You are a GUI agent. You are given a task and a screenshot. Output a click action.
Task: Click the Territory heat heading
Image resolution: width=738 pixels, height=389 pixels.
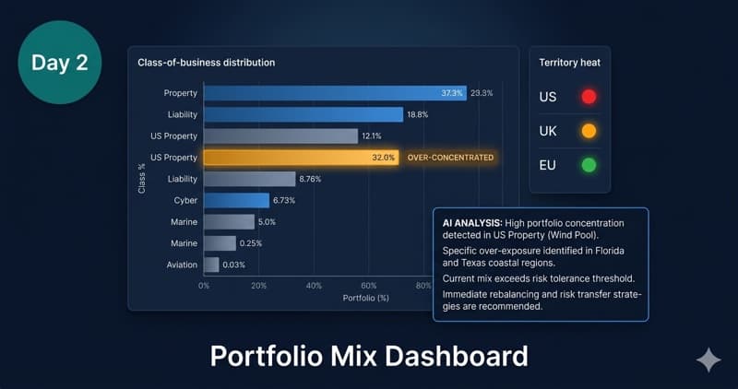[x=570, y=63]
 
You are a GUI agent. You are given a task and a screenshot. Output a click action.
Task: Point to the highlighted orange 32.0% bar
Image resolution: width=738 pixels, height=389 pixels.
[x=301, y=158]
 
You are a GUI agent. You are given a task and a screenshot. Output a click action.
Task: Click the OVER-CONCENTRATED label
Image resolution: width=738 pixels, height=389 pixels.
[x=449, y=158]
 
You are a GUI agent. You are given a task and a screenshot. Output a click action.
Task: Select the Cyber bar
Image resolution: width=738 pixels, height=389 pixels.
[x=236, y=200]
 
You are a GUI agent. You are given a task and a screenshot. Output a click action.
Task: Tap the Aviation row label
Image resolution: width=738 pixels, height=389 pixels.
[x=182, y=265]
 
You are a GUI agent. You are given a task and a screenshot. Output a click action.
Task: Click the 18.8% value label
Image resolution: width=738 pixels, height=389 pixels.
[x=420, y=114]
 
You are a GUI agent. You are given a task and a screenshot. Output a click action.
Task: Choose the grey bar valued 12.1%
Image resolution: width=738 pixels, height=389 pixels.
[x=280, y=136]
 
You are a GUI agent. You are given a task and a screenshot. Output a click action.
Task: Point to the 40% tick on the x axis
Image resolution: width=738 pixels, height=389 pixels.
[x=314, y=286]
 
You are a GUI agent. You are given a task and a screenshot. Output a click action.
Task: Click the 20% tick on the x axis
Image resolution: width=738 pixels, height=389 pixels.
[x=258, y=286]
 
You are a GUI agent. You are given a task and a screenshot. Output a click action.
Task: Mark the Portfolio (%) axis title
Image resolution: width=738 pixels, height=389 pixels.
[x=365, y=298]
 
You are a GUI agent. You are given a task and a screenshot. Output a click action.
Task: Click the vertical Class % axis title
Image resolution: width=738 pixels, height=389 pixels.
[x=140, y=179]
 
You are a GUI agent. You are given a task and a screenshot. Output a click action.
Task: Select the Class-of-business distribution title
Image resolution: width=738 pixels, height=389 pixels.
[x=206, y=63]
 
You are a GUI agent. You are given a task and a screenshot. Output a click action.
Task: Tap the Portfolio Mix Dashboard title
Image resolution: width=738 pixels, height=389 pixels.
[x=368, y=356]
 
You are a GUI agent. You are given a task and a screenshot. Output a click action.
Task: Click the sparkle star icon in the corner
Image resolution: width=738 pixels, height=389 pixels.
[x=708, y=360]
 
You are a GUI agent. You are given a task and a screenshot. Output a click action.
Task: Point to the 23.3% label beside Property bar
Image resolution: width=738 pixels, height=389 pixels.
[x=482, y=93]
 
